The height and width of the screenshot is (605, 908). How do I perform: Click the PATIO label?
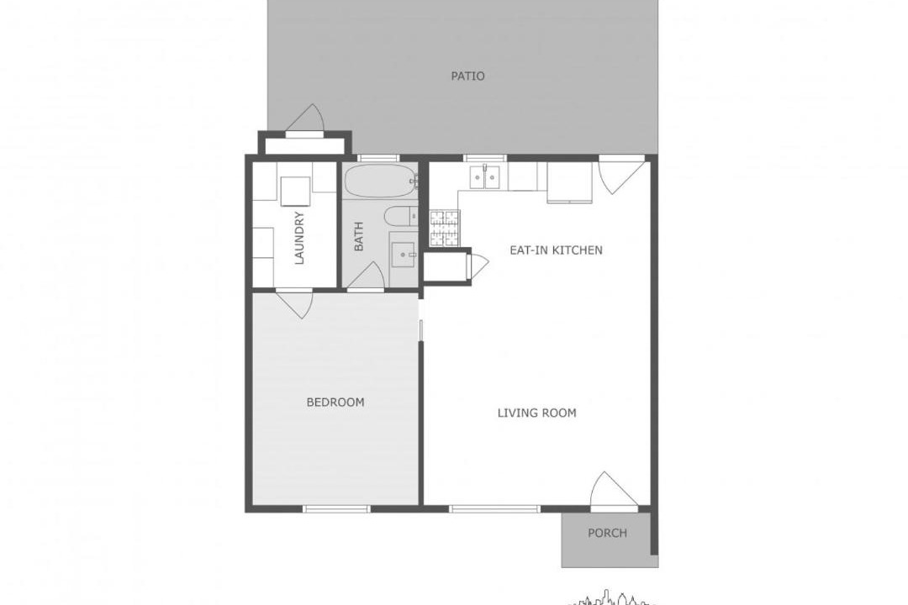(x=468, y=76)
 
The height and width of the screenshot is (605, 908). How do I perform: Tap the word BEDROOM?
(x=335, y=402)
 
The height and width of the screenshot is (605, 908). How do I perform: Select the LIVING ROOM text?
(x=536, y=413)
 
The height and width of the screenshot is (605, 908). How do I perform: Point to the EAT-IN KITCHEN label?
(x=556, y=250)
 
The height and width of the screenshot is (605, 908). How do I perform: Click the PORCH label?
(x=608, y=533)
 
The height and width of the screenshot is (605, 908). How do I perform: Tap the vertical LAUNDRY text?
(x=299, y=238)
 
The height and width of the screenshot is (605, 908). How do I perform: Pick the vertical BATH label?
(x=358, y=236)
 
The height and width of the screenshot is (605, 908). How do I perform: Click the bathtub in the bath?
(x=381, y=181)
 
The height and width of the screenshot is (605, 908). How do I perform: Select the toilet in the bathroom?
(x=401, y=217)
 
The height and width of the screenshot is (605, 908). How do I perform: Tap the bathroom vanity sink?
(x=403, y=255)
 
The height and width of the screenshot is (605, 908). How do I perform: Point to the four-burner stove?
(x=444, y=228)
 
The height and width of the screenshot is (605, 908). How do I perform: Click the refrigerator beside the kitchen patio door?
(x=570, y=181)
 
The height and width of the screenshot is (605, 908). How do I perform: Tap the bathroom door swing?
(x=367, y=275)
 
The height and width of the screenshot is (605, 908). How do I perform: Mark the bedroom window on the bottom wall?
(x=336, y=509)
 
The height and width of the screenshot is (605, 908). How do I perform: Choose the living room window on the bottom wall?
(x=494, y=509)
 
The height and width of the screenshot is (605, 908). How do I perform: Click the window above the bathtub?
(x=378, y=158)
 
